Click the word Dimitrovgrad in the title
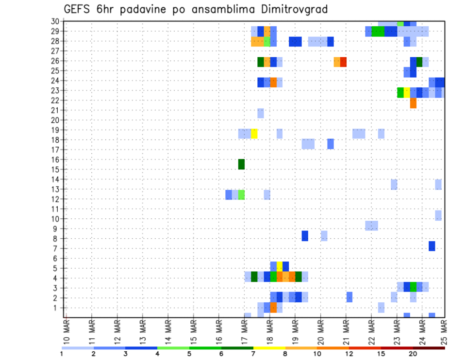(x=290, y=9)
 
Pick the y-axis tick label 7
(x=57, y=248)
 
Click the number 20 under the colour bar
(x=413, y=354)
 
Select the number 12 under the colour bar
(x=349, y=354)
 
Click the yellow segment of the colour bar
(x=269, y=348)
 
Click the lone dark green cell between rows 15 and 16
(x=241, y=164)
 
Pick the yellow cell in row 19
(x=254, y=133)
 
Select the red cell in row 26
(x=343, y=62)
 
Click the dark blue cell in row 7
(x=432, y=246)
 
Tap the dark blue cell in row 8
(x=305, y=236)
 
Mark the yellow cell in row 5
(x=280, y=266)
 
